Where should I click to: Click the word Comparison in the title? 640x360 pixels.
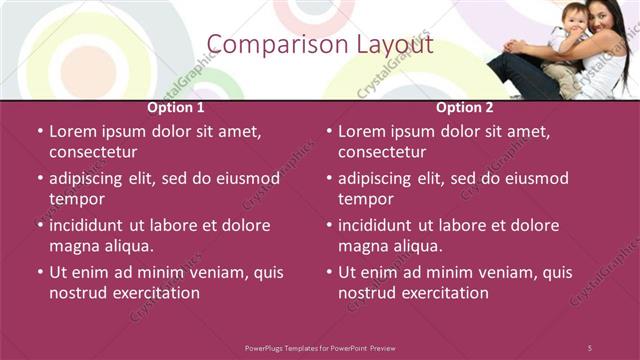click(x=267, y=45)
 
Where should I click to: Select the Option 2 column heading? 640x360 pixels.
click(x=464, y=107)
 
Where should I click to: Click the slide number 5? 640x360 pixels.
click(x=590, y=347)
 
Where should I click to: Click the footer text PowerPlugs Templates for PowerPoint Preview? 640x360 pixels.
click(x=320, y=347)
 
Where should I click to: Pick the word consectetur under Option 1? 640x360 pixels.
click(x=93, y=152)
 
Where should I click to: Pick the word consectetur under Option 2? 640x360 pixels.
click(x=382, y=152)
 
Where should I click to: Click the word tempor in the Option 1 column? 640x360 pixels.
click(x=76, y=199)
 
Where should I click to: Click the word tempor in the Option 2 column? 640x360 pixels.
click(x=365, y=199)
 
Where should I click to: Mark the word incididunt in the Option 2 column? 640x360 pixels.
click(x=382, y=225)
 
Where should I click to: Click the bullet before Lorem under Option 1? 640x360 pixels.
click(x=40, y=131)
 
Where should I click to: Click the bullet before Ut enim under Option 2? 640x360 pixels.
click(x=329, y=272)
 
